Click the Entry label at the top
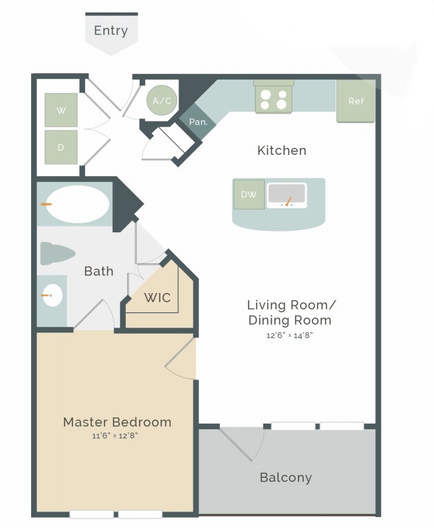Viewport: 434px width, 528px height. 111,30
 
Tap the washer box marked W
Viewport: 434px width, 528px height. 61,110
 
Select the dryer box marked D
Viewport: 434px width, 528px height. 61,147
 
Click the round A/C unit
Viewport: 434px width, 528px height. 162,101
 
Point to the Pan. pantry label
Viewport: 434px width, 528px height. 199,122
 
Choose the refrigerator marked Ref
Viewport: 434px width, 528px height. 355,101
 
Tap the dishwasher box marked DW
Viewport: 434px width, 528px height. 248,194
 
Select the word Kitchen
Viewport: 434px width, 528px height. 281,150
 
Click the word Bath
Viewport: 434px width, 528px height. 98,271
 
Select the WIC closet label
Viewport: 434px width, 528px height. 157,298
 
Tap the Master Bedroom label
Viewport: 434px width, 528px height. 117,422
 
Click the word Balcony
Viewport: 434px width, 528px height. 285,477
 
